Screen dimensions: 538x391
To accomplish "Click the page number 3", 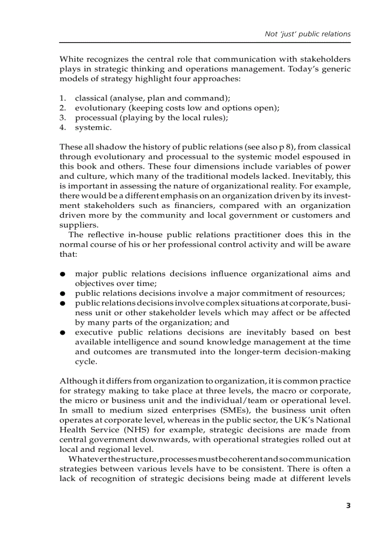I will (x=348, y=505).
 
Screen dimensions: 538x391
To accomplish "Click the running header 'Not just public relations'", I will (x=308, y=34).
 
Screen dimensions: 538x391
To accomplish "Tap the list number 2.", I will (x=62, y=108).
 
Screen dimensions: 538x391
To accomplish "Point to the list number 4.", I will (x=62, y=127).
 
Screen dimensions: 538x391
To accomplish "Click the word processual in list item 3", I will (x=94, y=118).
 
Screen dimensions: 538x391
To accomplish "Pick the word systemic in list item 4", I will (x=92, y=127).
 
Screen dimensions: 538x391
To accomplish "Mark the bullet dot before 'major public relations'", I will (x=62, y=275).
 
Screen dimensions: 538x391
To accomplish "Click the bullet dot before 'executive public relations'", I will (x=62, y=333).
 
